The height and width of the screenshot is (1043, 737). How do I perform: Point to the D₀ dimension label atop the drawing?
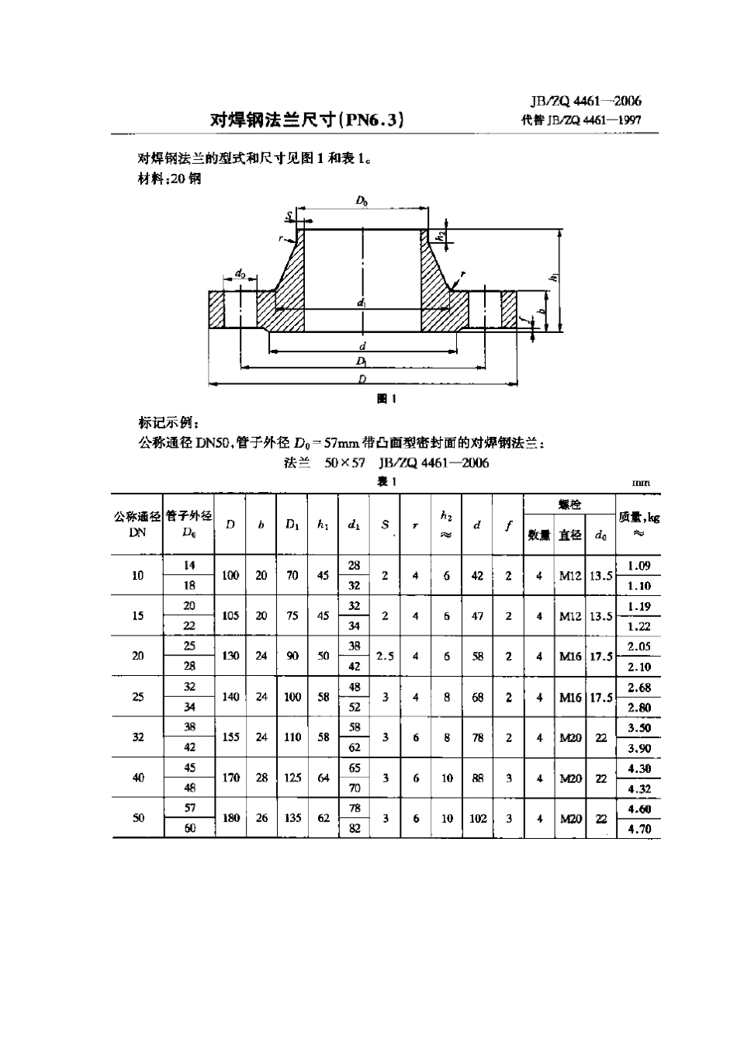[362, 201]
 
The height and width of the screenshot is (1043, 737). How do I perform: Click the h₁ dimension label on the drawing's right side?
[554, 278]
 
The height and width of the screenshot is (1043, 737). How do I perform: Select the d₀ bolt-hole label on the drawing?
[240, 273]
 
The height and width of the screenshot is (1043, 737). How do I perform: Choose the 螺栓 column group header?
[569, 505]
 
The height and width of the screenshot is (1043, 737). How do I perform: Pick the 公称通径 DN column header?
[137, 524]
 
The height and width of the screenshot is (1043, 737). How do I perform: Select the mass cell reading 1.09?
[638, 566]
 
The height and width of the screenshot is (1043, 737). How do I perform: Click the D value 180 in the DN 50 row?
[230, 817]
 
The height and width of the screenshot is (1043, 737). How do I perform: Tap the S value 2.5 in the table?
[385, 656]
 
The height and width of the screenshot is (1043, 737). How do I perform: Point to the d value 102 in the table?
[477, 817]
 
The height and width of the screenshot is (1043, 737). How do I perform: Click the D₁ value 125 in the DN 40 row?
[292, 777]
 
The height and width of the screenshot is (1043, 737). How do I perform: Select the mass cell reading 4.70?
[638, 828]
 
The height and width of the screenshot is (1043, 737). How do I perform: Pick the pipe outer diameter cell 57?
[189, 807]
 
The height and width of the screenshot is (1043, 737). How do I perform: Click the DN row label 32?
[137, 736]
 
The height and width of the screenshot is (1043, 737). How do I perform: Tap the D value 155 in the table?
[230, 736]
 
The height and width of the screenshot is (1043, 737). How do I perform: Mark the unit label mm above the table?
[640, 483]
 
